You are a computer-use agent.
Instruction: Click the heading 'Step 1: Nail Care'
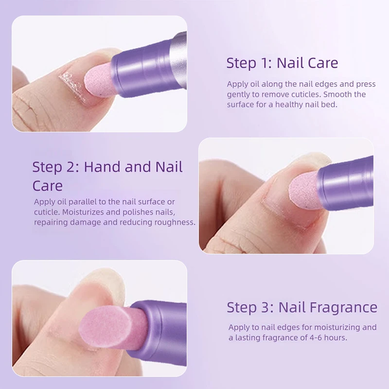pos(282,63)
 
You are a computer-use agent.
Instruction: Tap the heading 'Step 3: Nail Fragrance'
pos(301,307)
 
